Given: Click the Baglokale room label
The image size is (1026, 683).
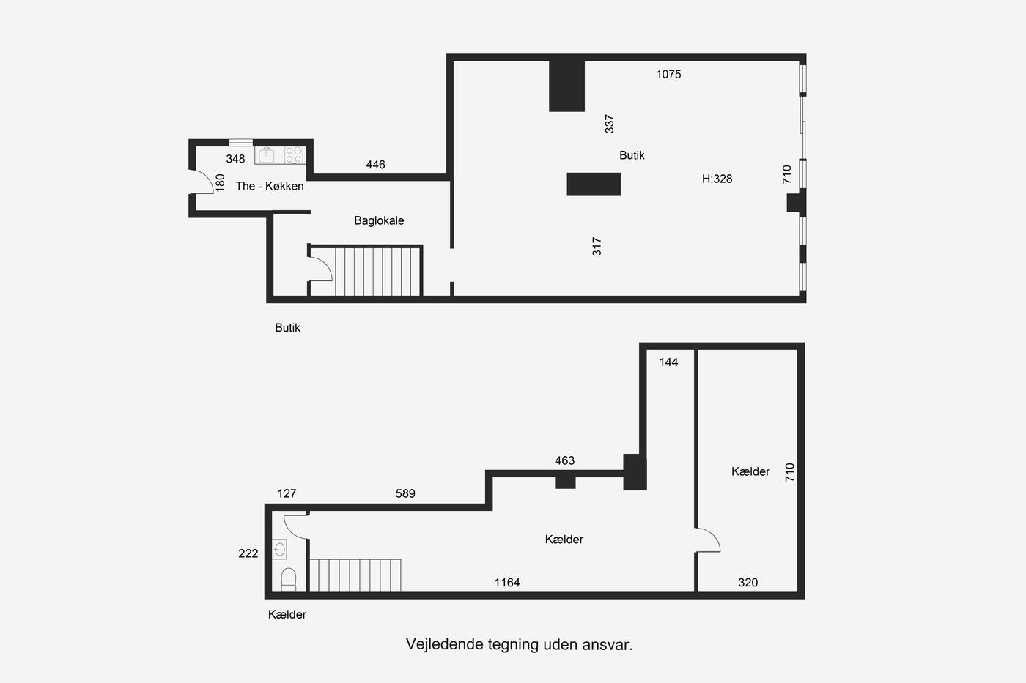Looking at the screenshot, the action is point(379,220).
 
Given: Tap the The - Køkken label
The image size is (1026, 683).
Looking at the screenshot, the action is point(270,186).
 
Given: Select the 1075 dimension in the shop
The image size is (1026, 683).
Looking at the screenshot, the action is point(668,74).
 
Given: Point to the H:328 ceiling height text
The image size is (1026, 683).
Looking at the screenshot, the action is point(717,179).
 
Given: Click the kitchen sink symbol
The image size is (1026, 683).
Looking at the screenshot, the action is point(267,155).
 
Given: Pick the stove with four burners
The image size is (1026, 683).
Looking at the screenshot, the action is point(294,155).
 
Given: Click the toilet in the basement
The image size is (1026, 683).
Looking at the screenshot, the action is point(289,580).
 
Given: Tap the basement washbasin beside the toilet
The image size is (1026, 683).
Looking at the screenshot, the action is point(279,549).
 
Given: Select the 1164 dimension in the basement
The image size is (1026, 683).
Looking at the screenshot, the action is point(507,583).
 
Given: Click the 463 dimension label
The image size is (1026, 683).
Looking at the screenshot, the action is point(564,460).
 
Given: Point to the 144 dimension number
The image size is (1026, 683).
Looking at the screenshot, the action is point(668,362).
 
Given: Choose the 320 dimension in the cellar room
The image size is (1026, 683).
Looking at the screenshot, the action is point(748,583).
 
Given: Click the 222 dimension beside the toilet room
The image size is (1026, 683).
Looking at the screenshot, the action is point(248,553).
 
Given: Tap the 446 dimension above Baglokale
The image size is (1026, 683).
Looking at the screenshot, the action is point(375,165).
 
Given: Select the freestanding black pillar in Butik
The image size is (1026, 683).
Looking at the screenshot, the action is point(594,184).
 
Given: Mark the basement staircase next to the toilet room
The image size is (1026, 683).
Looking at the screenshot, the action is point(355,575).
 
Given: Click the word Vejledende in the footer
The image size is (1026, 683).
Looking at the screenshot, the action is point(444,645).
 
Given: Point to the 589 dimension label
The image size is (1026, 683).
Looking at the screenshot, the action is point(405,493).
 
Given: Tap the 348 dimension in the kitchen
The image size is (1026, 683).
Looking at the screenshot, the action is point(235,159).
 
